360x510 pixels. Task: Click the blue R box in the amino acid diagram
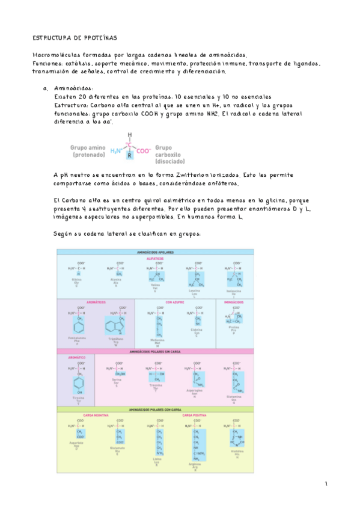coord(129,155)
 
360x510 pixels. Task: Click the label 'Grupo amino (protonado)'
coord(88,150)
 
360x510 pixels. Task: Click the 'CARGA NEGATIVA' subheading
coord(93,415)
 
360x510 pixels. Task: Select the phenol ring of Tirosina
coord(79,383)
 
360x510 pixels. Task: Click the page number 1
coord(326,484)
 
